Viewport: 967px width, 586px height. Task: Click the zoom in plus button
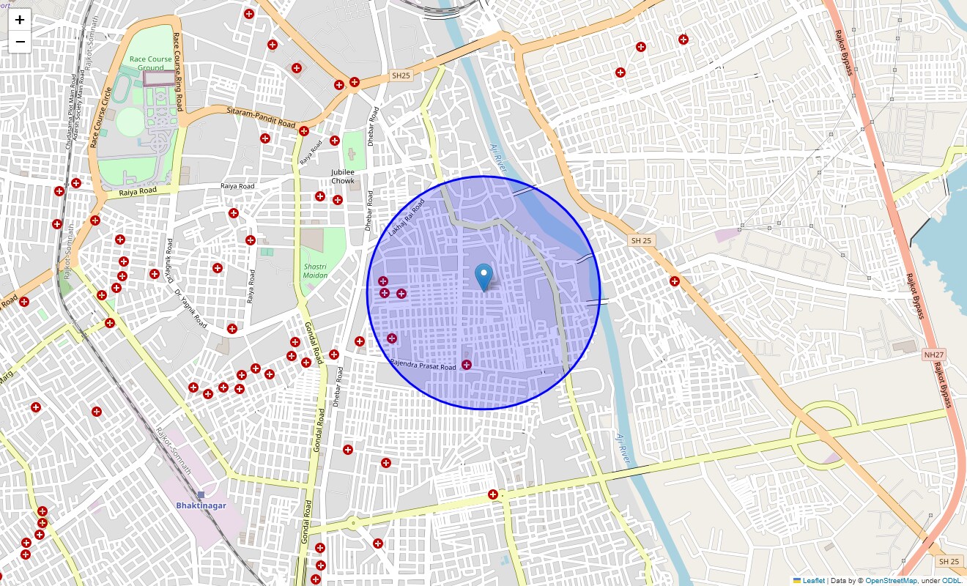tap(20, 20)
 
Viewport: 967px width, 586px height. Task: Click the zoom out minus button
tap(20, 42)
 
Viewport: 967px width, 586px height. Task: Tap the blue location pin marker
tap(483, 277)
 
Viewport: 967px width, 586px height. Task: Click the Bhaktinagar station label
tap(201, 505)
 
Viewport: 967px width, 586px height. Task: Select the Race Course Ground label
tap(150, 63)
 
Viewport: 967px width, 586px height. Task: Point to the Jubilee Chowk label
tap(342, 177)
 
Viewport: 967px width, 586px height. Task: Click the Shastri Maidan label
tap(316, 270)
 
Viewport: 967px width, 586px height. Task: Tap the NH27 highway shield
tap(933, 355)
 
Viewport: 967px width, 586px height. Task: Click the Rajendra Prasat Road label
tap(423, 365)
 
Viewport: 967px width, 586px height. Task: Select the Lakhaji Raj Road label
tap(407, 218)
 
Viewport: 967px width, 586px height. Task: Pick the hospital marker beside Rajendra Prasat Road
tap(466, 365)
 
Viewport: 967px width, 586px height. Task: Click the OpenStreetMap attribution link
tap(891, 581)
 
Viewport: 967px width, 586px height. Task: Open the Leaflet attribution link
tap(813, 581)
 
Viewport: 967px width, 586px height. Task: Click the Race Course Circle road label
tap(100, 117)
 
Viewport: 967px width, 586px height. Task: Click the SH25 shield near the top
tap(401, 75)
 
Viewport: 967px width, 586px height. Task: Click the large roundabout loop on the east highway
tap(824, 436)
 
